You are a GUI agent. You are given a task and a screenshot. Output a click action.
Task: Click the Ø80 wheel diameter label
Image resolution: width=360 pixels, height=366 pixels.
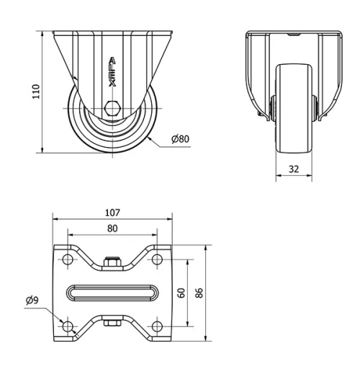tap(181, 138)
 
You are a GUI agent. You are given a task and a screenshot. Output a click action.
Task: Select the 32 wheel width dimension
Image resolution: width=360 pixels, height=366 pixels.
tap(294, 170)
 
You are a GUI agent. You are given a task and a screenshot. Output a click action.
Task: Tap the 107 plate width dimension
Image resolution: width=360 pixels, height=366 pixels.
tap(112, 213)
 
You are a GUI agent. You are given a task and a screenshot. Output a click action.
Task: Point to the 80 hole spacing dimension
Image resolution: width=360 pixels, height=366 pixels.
tap(112, 228)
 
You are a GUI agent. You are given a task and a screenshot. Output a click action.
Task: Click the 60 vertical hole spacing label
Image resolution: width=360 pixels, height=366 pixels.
tap(182, 293)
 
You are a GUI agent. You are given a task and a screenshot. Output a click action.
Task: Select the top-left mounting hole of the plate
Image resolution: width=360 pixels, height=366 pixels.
tap(68, 259)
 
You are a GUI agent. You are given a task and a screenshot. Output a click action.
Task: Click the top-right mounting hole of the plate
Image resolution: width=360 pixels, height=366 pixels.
tap(156, 259)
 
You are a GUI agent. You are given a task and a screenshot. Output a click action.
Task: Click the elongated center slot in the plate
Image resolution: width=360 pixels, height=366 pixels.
tap(112, 293)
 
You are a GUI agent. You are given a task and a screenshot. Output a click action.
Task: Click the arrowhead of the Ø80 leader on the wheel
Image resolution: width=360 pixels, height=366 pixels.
tap(149, 133)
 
